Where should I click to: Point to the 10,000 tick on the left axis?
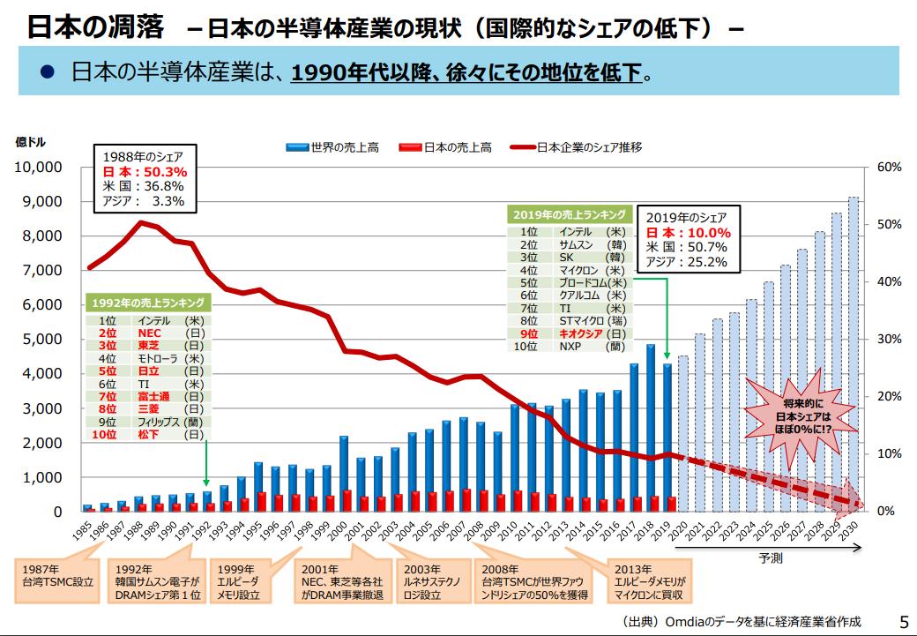36,167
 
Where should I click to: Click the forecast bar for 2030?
854,353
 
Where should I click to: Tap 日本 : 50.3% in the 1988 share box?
145,172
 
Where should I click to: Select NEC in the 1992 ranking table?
149,333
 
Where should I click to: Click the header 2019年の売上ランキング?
570,214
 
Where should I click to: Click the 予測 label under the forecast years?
770,558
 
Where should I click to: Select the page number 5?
902,621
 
